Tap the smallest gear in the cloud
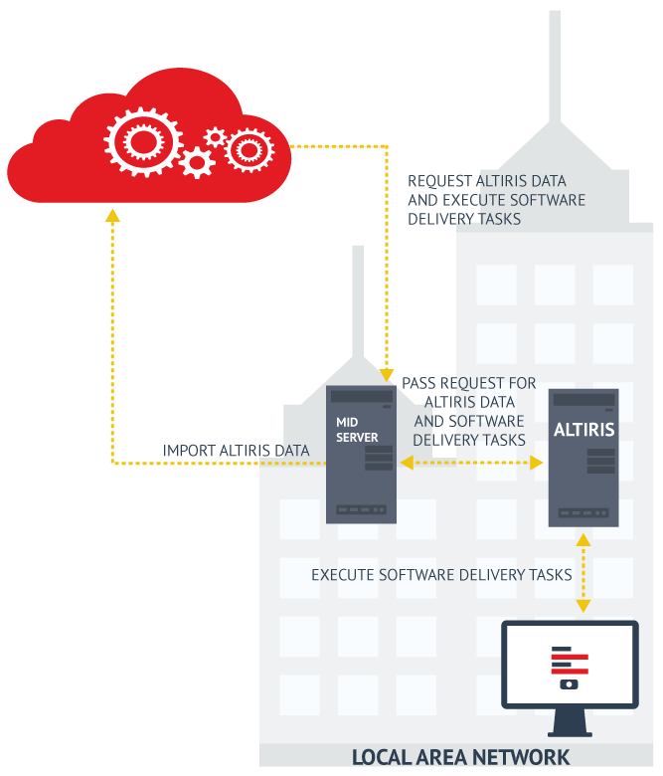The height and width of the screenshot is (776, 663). tap(214, 136)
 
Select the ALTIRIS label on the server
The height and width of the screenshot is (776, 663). tap(584, 431)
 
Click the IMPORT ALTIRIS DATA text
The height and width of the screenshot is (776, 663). tap(236, 451)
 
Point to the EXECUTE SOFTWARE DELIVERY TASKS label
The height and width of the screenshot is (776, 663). tap(441, 575)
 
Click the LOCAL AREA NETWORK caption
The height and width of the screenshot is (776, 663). tap(461, 757)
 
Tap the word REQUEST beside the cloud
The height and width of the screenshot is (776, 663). tap(440, 181)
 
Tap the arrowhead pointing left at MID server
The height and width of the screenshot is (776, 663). tap(406, 463)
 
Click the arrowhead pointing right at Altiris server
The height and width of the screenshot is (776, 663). tap(537, 463)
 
